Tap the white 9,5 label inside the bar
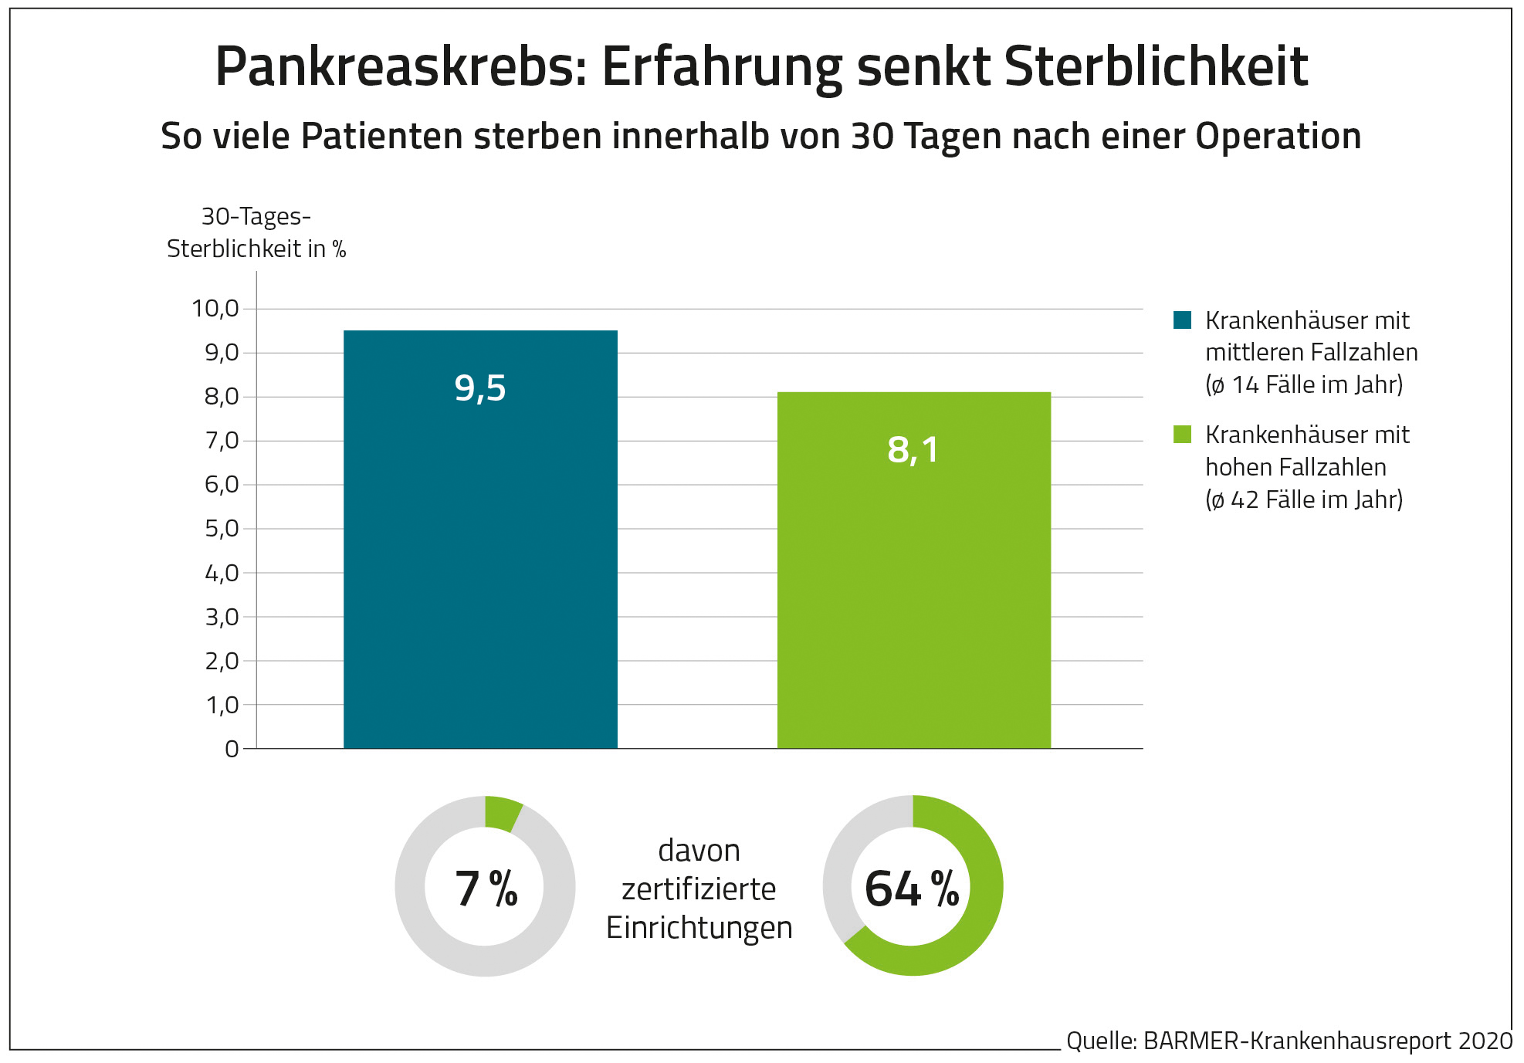tap(480, 388)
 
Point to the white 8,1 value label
tap(913, 449)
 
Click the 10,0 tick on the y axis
tap(216, 309)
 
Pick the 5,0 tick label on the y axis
tap(222, 529)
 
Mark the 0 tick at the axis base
tap(232, 749)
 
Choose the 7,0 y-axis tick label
tap(222, 441)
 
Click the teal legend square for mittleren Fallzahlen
tap(1182, 320)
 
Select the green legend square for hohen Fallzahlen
tap(1182, 434)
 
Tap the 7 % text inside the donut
tap(486, 889)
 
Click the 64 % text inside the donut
tap(912, 889)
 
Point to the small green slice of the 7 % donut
tap(502, 814)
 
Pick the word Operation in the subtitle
tap(1278, 137)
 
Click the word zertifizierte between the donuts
tap(699, 889)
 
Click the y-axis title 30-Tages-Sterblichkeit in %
tap(256, 232)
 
